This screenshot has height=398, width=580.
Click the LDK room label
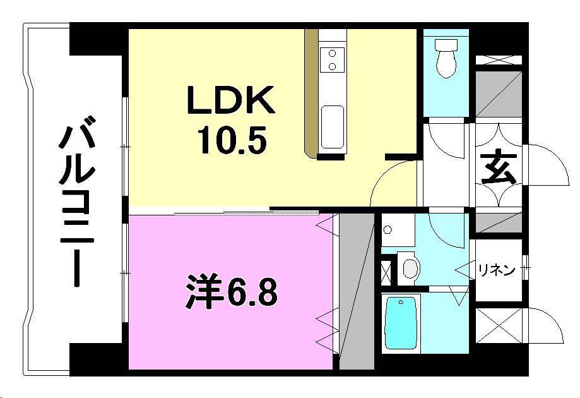pos(230,102)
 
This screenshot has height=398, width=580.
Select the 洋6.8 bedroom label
pos(231,293)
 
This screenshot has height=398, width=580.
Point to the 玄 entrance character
pos(499,169)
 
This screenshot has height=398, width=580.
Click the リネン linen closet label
pos(495,270)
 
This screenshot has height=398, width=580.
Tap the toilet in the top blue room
pos(447,57)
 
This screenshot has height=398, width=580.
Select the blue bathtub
pos(401,322)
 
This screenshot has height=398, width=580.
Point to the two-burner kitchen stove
pos(332,60)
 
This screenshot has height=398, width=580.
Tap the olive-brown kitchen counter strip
pos(311,92)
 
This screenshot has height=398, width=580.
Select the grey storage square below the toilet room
pos(498,94)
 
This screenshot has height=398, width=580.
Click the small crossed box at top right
pos(498,61)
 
